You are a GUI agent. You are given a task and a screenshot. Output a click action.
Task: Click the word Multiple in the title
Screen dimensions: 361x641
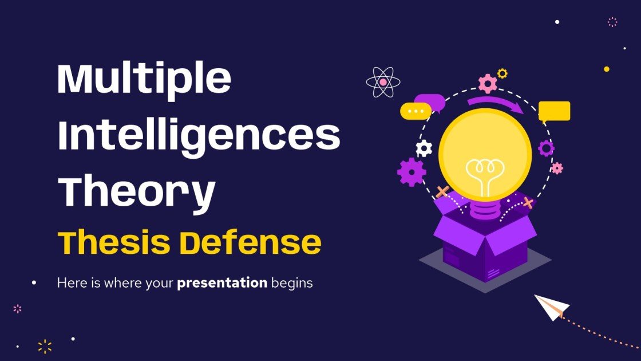144,81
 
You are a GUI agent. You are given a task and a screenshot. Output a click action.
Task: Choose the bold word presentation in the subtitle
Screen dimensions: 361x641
222,282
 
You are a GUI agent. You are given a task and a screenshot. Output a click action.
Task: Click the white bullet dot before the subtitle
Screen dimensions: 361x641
34,282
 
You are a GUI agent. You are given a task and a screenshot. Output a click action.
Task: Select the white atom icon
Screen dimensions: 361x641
382,82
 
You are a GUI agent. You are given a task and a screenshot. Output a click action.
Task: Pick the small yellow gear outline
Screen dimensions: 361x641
502,73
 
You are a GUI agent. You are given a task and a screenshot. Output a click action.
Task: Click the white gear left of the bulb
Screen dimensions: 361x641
424,148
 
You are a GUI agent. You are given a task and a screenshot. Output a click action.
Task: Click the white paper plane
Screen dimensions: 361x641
551,307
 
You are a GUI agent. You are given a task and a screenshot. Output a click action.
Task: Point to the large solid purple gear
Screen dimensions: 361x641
411,172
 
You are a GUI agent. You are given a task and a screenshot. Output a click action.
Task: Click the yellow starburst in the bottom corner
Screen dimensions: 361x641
45,346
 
